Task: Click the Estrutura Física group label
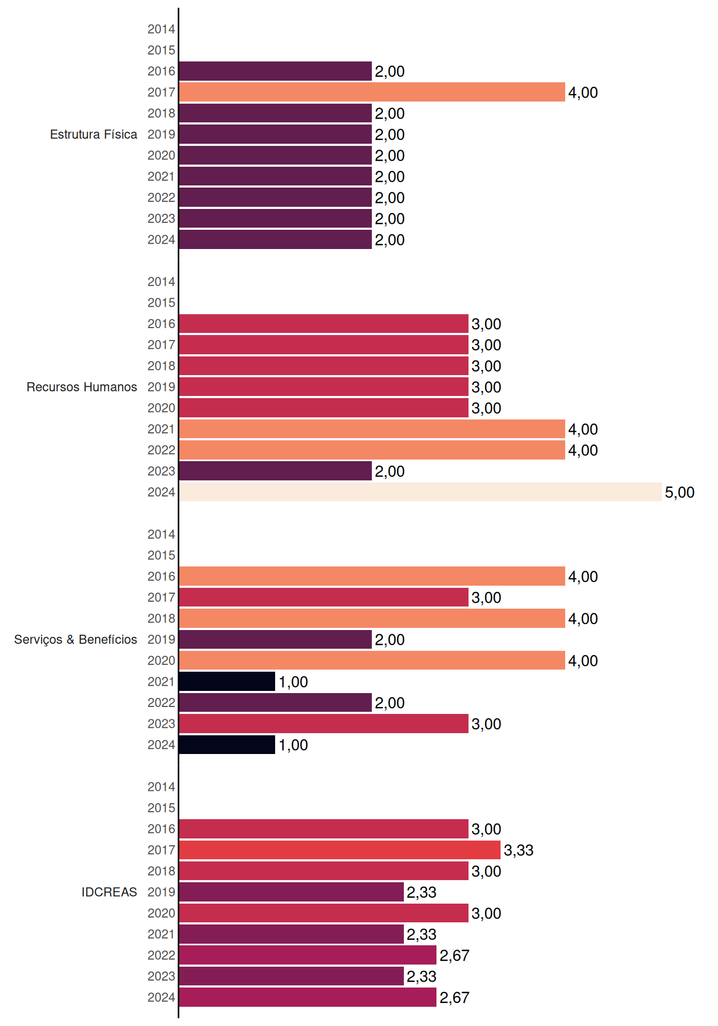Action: pos(93,134)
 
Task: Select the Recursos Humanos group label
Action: pos(82,387)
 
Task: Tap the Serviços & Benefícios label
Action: pos(75,640)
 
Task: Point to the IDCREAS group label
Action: pos(109,892)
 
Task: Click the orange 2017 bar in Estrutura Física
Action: pos(372,92)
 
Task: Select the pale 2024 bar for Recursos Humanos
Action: pos(420,492)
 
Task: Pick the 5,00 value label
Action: pos(680,492)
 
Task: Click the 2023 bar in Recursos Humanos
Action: pos(275,471)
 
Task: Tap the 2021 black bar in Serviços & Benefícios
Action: pos(227,681)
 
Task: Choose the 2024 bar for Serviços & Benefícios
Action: pos(227,744)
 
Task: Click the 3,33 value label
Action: pos(518,850)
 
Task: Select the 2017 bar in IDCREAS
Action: pos(340,850)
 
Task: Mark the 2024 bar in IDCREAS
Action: pos(308,997)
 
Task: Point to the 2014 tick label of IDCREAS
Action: pos(161,787)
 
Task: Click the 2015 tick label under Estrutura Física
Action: pos(161,50)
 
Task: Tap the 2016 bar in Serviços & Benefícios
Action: pos(372,576)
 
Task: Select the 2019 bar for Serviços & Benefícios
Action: pos(275,639)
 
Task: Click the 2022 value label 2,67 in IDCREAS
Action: pos(454,955)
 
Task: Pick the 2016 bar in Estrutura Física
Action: pos(275,71)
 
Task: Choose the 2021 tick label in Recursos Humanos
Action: pos(161,429)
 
